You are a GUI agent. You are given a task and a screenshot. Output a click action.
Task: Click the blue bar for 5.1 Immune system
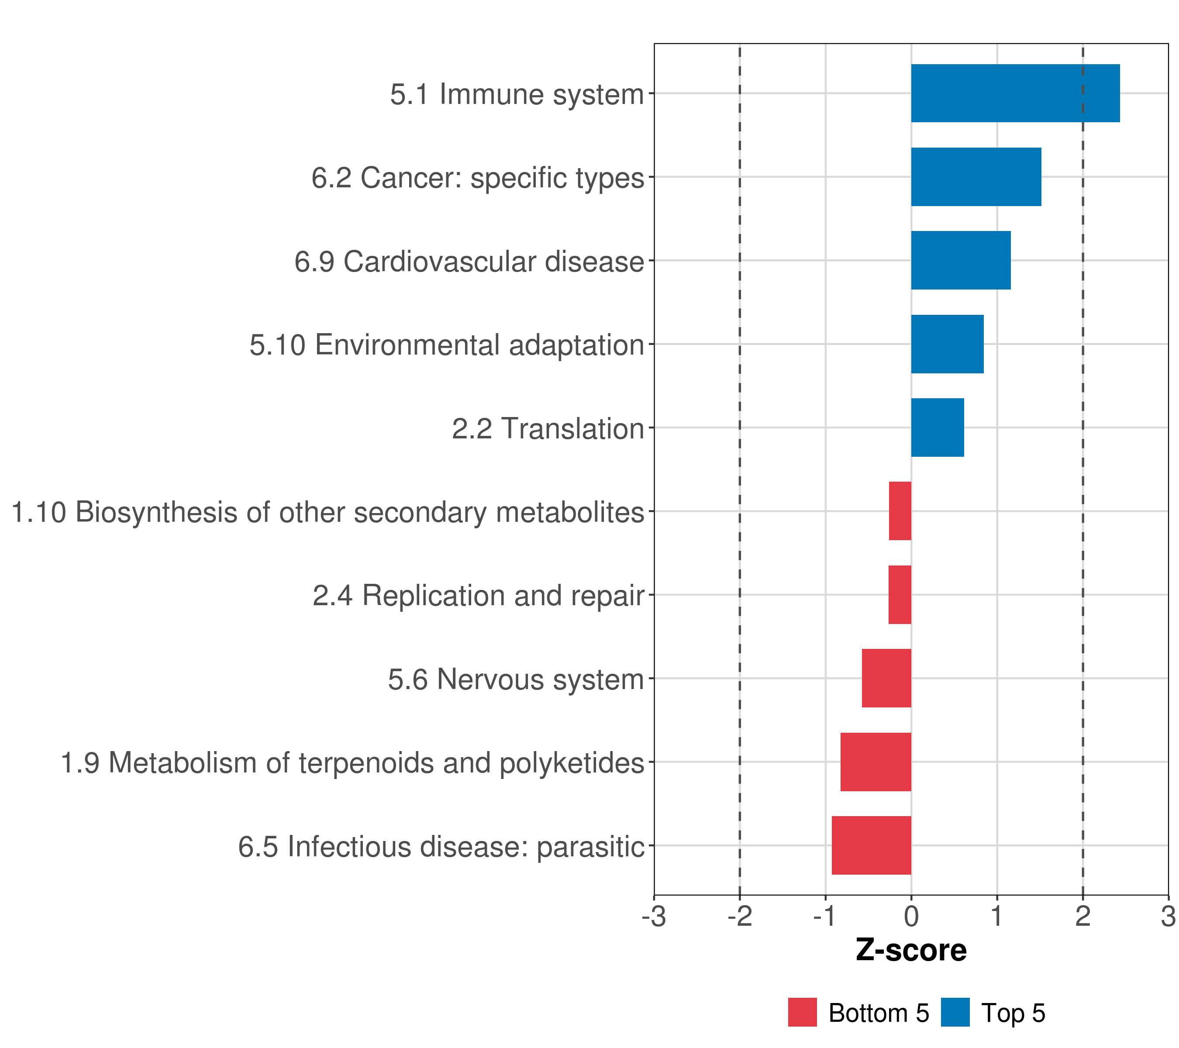(1015, 93)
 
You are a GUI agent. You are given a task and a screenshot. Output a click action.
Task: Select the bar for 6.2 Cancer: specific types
(976, 177)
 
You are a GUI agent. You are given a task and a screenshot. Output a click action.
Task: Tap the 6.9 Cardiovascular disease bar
(960, 260)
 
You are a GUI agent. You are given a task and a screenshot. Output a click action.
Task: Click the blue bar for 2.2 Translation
(938, 427)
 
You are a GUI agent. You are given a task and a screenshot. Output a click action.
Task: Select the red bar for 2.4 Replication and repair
(900, 595)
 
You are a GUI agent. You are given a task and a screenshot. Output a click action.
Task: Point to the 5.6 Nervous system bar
(886, 678)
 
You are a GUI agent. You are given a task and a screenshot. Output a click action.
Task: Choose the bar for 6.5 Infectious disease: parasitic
(871, 845)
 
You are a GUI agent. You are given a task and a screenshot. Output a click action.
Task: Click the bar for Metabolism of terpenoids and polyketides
(876, 762)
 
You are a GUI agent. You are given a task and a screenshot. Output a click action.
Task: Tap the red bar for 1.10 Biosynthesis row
(900, 511)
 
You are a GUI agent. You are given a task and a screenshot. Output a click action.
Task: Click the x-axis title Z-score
(911, 950)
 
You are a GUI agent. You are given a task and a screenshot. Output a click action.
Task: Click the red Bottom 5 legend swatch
(802, 1013)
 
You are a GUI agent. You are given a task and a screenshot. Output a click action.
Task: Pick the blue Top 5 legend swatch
(955, 1013)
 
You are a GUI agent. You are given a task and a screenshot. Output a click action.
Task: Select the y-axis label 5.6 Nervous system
(515, 679)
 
